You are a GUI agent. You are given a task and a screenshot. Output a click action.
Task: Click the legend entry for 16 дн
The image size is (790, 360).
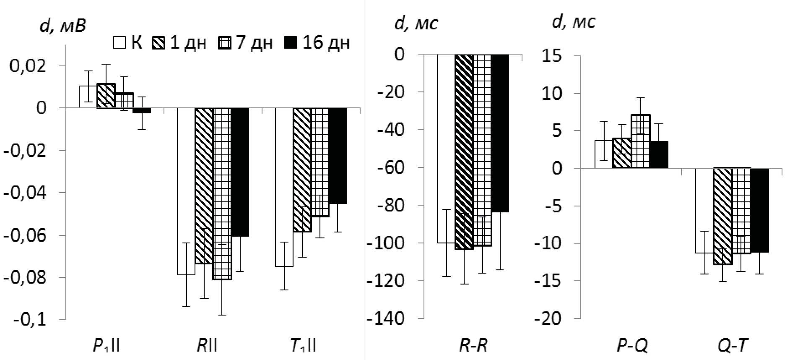[317, 42]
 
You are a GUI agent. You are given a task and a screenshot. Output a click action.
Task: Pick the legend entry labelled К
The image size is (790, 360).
[127, 42]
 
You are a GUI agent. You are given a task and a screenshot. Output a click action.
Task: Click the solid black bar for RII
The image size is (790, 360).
[240, 172]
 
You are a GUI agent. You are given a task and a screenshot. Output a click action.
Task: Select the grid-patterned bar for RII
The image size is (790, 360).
[222, 193]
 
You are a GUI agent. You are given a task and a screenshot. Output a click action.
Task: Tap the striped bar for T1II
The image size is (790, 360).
[302, 170]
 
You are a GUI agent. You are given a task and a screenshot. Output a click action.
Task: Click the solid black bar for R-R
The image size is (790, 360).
[500, 133]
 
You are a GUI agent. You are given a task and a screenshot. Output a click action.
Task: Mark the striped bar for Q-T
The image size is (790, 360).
[723, 216]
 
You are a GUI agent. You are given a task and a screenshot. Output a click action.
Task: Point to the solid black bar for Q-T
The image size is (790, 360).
[759, 210]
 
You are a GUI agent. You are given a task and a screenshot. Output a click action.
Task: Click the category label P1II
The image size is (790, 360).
[106, 346]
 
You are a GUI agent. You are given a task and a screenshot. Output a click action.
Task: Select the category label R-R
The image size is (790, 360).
[473, 346]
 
